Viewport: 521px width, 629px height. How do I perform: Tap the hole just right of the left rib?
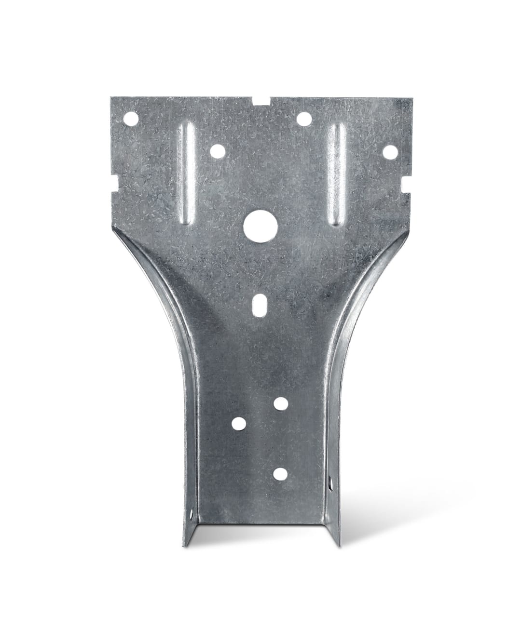(217, 151)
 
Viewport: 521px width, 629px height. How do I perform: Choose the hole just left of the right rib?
(303, 118)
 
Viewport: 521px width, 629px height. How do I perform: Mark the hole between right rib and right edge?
(390, 152)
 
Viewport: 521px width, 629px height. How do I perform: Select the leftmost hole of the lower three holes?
(238, 423)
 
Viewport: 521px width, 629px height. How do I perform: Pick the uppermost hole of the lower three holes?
(279, 404)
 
